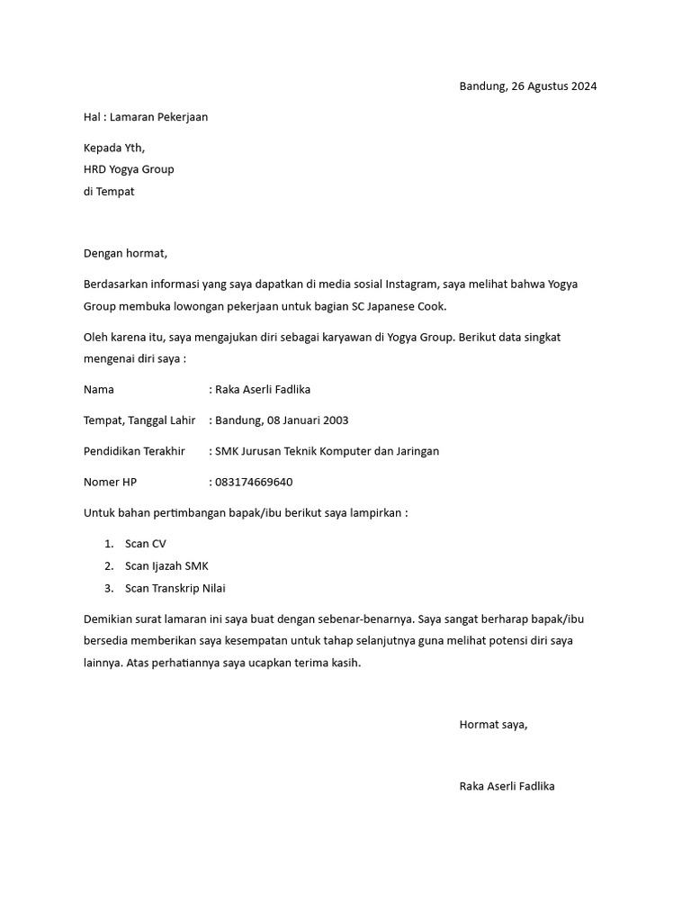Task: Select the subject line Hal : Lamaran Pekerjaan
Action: click(146, 117)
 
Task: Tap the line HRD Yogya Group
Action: click(129, 168)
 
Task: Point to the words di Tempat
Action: click(109, 191)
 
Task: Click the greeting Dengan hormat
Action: click(125, 253)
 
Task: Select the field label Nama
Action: click(99, 389)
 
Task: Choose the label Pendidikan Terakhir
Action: click(134, 451)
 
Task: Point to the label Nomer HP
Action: click(111, 482)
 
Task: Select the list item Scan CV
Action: click(146, 544)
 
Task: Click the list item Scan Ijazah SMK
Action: click(166, 565)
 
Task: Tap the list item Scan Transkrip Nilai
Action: click(175, 588)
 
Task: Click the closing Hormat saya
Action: click(493, 724)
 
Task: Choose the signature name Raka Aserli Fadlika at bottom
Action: click(507, 786)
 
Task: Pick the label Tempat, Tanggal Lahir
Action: click(139, 420)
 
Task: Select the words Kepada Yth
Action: click(114, 147)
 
